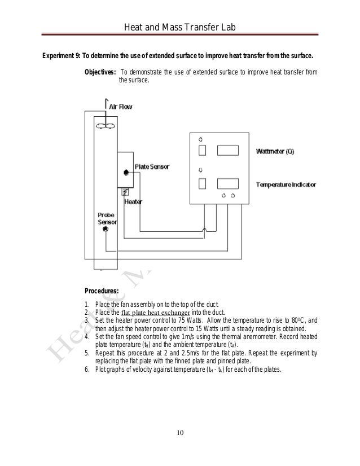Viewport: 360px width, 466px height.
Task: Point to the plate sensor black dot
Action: [x=124, y=173]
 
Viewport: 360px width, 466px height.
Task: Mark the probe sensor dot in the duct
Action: [x=105, y=229]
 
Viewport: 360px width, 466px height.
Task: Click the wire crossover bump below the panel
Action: [x=204, y=229]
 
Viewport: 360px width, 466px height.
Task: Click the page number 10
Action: [x=179, y=433]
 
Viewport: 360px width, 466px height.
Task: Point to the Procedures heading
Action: [x=101, y=291]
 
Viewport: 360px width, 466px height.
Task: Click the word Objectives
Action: [x=100, y=72]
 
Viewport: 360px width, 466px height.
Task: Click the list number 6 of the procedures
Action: [x=86, y=370]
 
